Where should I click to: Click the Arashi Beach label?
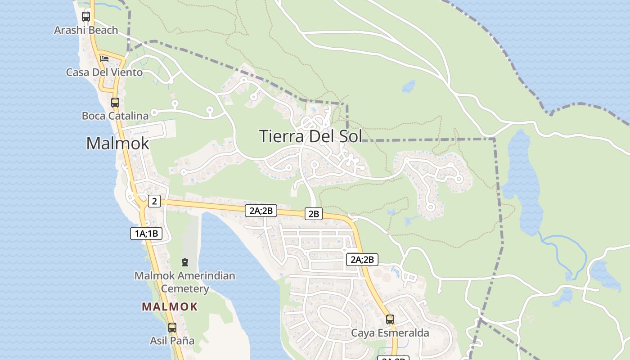86,30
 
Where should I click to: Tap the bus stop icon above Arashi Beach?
86,17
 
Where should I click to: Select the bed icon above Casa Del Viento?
104,58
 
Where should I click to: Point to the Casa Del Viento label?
104,72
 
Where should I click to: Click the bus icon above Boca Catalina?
115,102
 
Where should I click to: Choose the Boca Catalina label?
115,116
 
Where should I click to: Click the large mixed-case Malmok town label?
117,143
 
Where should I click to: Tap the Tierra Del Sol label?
310,136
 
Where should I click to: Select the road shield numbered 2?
154,201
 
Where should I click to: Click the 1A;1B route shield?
146,233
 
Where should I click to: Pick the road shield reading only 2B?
314,214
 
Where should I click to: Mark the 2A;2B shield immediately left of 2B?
261,210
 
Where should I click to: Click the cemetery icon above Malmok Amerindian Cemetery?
184,262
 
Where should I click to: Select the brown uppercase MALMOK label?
170,307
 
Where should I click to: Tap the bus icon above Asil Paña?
172,327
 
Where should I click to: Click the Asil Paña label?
172,341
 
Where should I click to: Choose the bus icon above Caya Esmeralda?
390,319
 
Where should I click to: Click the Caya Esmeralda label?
390,333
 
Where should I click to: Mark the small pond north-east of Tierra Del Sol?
409,86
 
